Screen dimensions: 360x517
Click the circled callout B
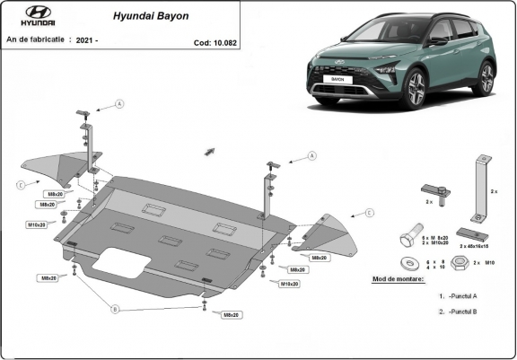[114, 309]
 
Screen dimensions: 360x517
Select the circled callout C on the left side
[20, 185]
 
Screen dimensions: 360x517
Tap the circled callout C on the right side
[369, 213]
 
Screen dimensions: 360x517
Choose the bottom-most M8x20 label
[231, 315]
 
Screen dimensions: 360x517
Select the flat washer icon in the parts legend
[409, 263]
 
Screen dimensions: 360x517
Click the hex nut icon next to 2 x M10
[458, 263]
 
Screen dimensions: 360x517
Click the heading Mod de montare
[399, 279]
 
